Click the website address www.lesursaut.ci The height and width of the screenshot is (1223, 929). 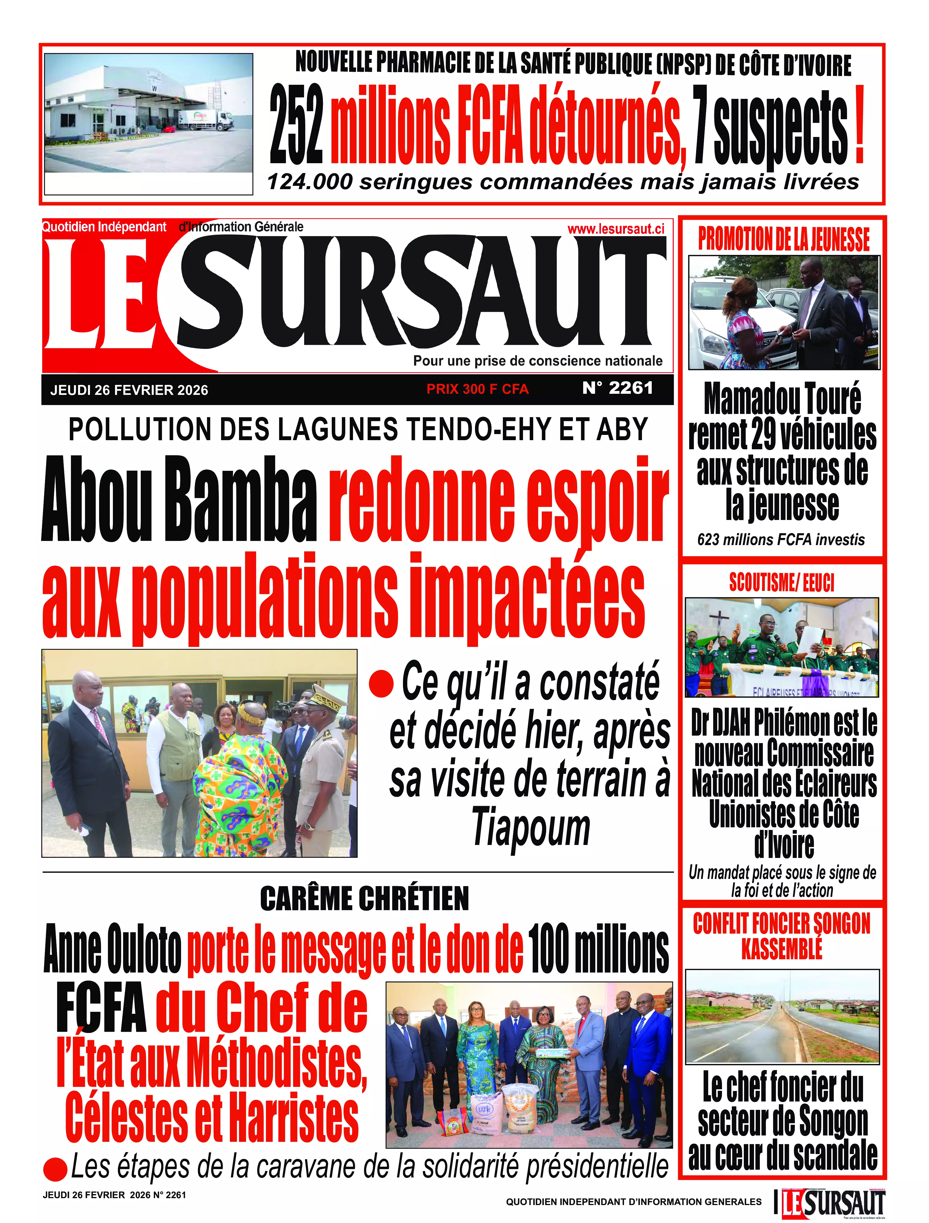pos(615,229)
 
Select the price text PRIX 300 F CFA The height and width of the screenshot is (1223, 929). pos(477,389)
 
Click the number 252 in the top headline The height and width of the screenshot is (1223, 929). pos(296,126)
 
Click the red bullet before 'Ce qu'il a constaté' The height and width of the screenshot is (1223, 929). pos(381,684)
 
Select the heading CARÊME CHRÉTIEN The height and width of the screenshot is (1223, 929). pos(364,899)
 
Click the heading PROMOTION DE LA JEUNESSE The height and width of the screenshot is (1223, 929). pos(784,239)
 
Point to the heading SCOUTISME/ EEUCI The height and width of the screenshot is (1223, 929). pos(781,582)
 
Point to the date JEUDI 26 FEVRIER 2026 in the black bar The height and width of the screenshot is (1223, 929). pos(129,390)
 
